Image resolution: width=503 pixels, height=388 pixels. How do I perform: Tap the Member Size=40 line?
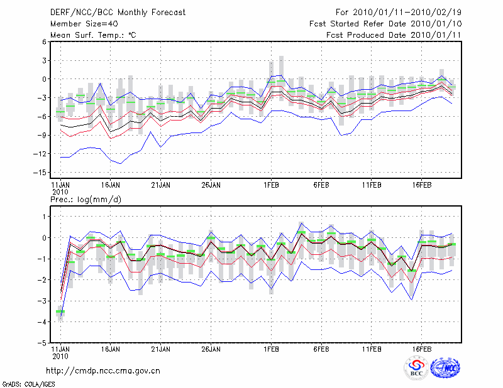(79, 23)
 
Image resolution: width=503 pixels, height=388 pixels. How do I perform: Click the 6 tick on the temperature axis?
(43, 42)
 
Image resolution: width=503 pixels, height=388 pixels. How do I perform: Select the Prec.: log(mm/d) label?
(85, 200)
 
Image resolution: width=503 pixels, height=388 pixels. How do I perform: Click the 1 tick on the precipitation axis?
(44, 217)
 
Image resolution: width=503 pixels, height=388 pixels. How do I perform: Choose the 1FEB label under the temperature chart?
(272, 186)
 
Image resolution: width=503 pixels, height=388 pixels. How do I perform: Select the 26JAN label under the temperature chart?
(210, 186)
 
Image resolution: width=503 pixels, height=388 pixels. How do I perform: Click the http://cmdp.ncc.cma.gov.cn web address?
(103, 370)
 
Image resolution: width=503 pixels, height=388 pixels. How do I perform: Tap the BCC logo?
(416, 369)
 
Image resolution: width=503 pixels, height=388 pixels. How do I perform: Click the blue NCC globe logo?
(445, 369)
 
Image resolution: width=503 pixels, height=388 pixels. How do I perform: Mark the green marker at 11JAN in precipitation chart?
(60, 311)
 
